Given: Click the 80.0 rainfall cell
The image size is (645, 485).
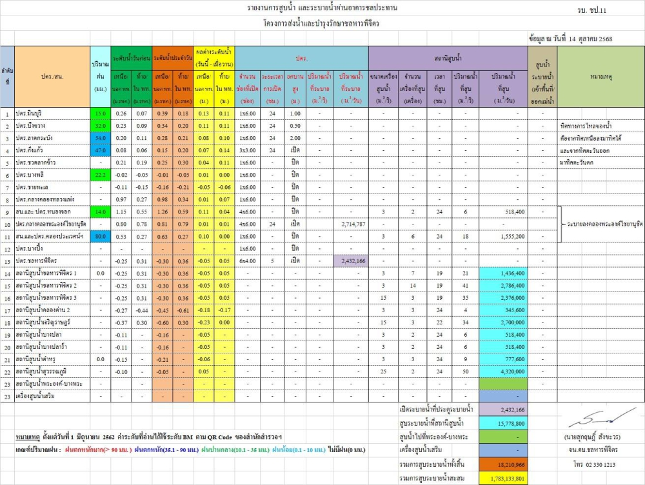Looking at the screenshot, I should (100, 236).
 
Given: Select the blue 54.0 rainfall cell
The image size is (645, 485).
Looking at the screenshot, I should (100, 138).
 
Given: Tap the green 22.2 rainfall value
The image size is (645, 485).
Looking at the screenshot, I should (100, 175).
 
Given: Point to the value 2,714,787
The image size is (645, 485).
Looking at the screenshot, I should (352, 224).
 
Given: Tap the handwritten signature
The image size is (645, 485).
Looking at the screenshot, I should (593, 419).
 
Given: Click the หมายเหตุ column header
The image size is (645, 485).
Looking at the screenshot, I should (600, 77).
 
